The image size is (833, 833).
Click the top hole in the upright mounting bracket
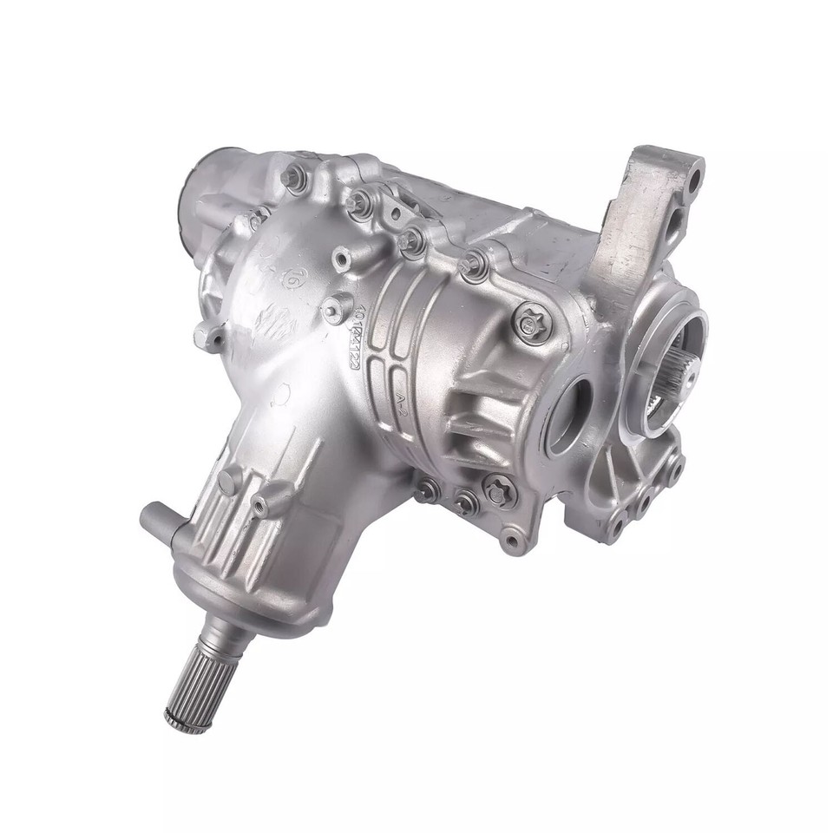(x=692, y=184)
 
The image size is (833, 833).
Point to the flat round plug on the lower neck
(x=227, y=482)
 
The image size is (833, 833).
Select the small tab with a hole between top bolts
(x=395, y=213)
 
